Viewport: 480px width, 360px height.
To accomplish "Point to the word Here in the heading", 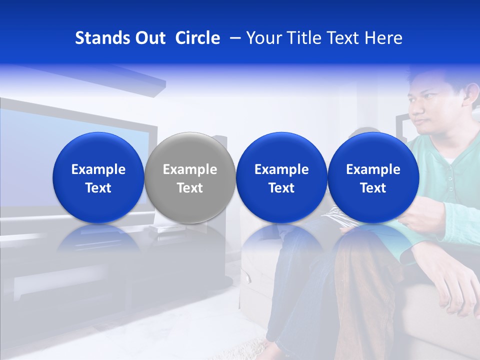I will (384, 38).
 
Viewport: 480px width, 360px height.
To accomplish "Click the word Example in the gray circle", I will (190, 169).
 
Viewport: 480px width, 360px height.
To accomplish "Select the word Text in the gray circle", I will (190, 188).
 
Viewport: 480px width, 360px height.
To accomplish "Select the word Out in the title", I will (149, 38).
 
